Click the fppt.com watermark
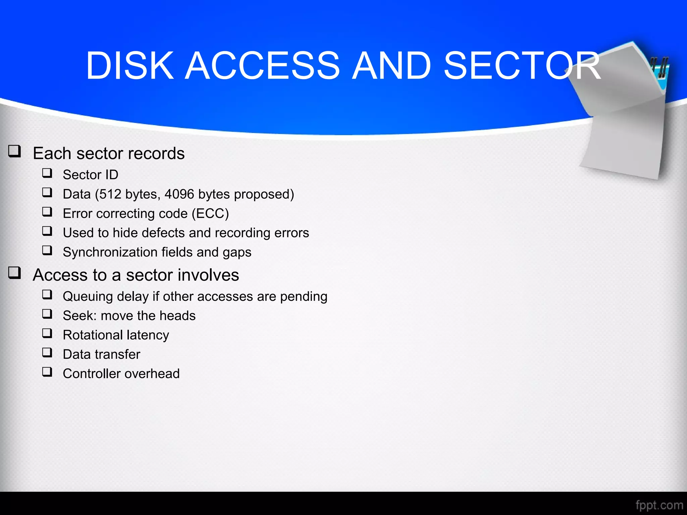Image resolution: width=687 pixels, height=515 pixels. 659,505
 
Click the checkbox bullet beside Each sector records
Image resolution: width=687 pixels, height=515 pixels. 15,151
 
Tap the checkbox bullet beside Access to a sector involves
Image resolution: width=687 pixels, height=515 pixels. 15,273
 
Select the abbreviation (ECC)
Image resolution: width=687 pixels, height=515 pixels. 210,214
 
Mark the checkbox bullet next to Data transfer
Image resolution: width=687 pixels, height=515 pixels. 47,352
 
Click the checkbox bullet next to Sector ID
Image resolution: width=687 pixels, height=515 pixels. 47,173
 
